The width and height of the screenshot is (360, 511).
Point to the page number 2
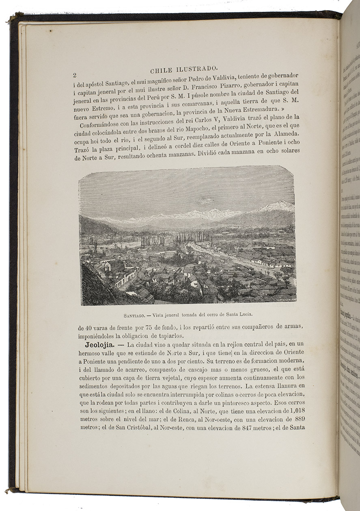click(75, 75)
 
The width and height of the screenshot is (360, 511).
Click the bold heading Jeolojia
click(93, 344)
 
